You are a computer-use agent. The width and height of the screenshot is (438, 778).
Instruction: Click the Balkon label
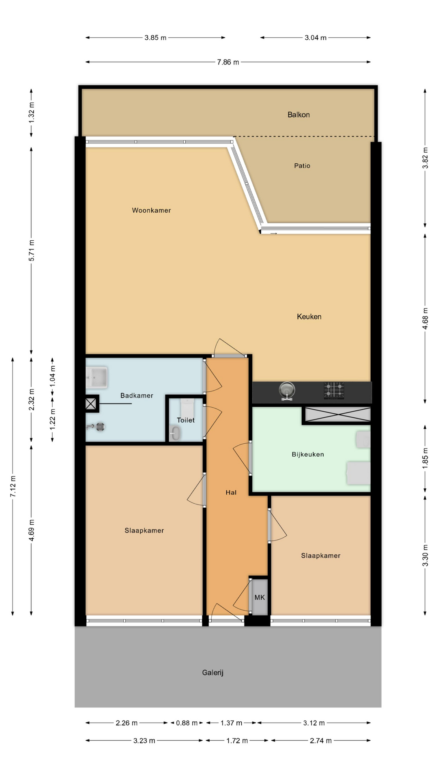pyautogui.click(x=298, y=115)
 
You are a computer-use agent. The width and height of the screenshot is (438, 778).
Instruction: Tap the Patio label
pyautogui.click(x=302, y=166)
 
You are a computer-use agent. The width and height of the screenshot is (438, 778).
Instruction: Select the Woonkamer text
pyautogui.click(x=151, y=210)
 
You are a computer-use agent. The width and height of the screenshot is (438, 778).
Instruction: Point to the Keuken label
pyautogui.click(x=309, y=316)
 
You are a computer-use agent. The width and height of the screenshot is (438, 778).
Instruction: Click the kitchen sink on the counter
pyautogui.click(x=287, y=391)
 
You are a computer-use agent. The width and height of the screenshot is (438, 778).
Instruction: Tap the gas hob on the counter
pyautogui.click(x=334, y=391)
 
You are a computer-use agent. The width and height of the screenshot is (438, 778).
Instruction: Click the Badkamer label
pyautogui.click(x=137, y=395)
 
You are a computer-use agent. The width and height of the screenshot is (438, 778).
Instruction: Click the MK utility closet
pyautogui.click(x=260, y=597)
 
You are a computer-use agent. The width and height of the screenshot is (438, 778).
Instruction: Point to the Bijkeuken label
pyautogui.click(x=308, y=454)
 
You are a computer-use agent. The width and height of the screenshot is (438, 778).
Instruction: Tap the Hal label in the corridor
pyautogui.click(x=231, y=492)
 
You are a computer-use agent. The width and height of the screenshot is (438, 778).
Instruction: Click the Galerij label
pyautogui.click(x=213, y=673)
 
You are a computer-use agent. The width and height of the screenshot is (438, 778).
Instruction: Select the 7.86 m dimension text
pyautogui.click(x=228, y=62)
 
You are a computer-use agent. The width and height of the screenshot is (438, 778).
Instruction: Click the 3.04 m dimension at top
pyautogui.click(x=316, y=38)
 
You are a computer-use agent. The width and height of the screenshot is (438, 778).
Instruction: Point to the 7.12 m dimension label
pyautogui.click(x=13, y=487)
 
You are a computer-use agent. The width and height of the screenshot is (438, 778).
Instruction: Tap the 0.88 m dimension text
pyautogui.click(x=187, y=723)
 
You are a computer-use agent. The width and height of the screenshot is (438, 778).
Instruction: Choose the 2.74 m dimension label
pyautogui.click(x=321, y=741)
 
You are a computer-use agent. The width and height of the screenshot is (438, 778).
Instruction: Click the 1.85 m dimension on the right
pyautogui.click(x=425, y=459)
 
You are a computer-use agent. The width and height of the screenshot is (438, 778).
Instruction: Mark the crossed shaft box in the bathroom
pyautogui.click(x=91, y=404)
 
